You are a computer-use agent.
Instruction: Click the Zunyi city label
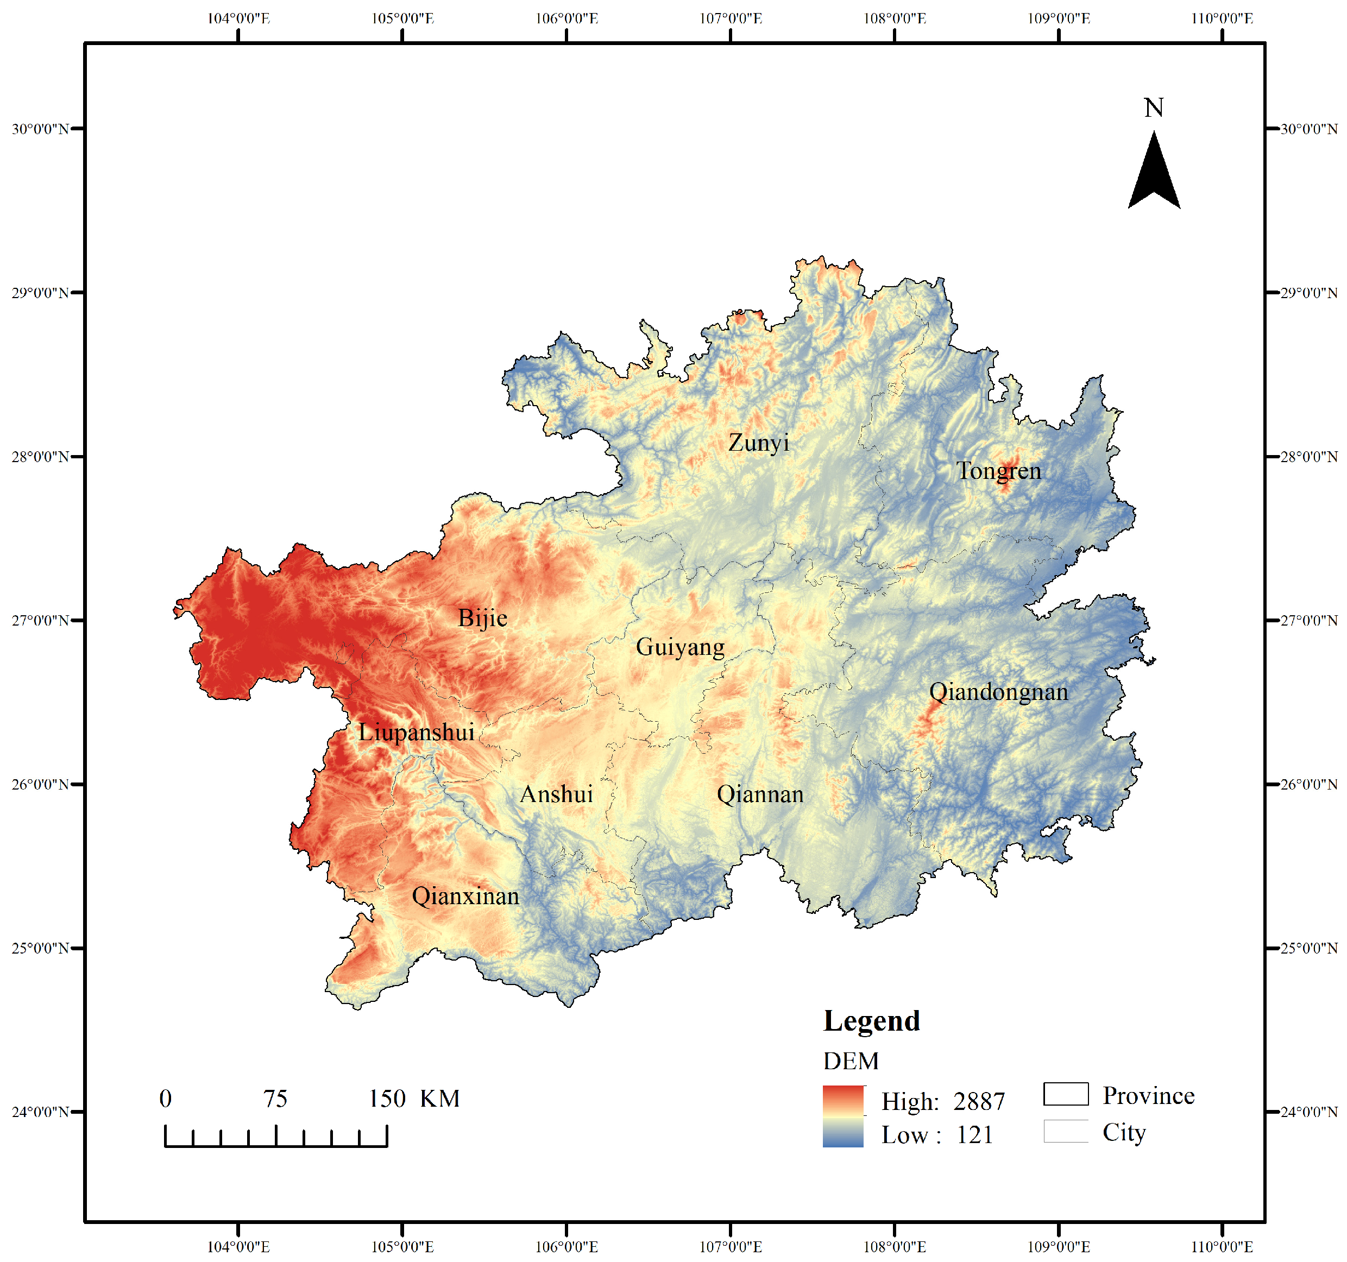click(x=758, y=443)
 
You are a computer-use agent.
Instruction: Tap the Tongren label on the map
click(x=998, y=471)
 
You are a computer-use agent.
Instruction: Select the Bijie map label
click(x=482, y=618)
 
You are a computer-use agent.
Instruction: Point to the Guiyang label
click(x=679, y=647)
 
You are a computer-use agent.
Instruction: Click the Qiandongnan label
click(x=998, y=692)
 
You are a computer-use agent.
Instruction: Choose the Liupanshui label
click(x=416, y=732)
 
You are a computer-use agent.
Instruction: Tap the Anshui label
click(x=556, y=794)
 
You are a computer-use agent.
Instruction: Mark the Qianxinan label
click(x=465, y=896)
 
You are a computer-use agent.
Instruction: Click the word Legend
click(x=871, y=1021)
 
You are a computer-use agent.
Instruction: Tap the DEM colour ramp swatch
click(x=843, y=1116)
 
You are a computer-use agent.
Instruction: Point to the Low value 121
click(x=974, y=1134)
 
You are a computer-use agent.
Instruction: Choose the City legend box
click(x=1065, y=1131)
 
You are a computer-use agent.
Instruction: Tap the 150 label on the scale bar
click(x=387, y=1099)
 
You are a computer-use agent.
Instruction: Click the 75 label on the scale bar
click(x=275, y=1099)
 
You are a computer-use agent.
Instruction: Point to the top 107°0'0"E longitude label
click(x=731, y=18)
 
